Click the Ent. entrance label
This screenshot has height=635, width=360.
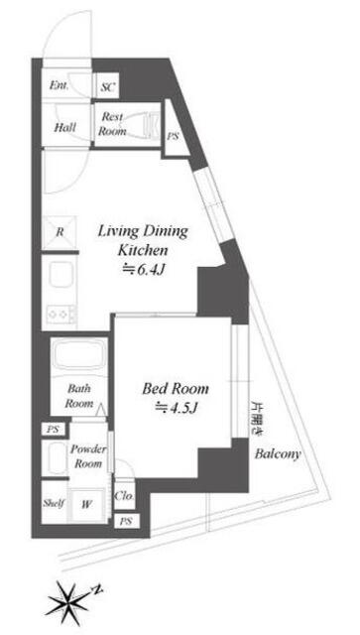[x=59, y=85]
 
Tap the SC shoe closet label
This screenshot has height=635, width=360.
[x=108, y=86]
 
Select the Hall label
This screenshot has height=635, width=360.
[x=64, y=127]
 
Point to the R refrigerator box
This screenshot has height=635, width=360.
[x=60, y=232]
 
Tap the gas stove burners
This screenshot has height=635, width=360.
[x=60, y=314]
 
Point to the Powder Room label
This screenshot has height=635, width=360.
[x=88, y=456]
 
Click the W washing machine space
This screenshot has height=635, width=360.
[x=86, y=505]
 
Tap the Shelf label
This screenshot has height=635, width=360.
[x=55, y=504]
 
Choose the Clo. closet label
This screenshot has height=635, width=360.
[x=124, y=496]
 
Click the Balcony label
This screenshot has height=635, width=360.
[x=278, y=454]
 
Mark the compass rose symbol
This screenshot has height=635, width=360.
[x=67, y=600]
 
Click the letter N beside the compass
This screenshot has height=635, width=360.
[x=97, y=589]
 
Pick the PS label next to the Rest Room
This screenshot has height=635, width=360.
[x=173, y=137]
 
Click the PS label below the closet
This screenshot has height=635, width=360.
[x=126, y=522]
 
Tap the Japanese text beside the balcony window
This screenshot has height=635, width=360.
[x=256, y=418]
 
